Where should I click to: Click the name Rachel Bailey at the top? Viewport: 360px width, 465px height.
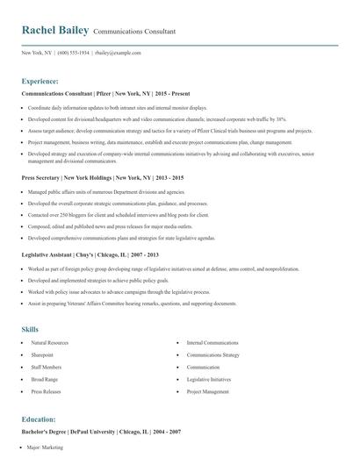(54, 31)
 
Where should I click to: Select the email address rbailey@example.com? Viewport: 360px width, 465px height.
(117, 53)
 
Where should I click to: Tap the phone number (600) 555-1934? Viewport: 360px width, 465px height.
(74, 53)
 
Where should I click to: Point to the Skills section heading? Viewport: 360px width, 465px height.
(30, 329)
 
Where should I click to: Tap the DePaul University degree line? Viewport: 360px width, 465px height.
(101, 433)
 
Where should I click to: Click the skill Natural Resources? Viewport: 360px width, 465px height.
(49, 343)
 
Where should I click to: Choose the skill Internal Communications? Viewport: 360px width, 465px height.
(212, 343)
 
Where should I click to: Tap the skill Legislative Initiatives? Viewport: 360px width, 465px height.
(210, 378)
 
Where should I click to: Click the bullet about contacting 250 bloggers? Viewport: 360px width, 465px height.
(118, 214)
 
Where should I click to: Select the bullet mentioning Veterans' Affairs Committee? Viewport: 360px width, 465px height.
(132, 304)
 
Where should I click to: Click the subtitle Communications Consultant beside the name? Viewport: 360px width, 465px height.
(133, 32)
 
